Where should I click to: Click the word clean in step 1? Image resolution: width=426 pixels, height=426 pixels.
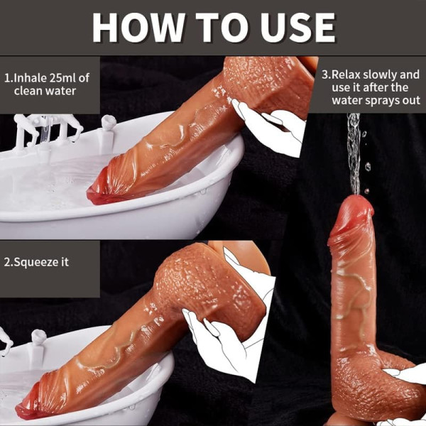click(29, 91)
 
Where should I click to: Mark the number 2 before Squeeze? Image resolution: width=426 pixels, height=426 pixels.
click(8, 261)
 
